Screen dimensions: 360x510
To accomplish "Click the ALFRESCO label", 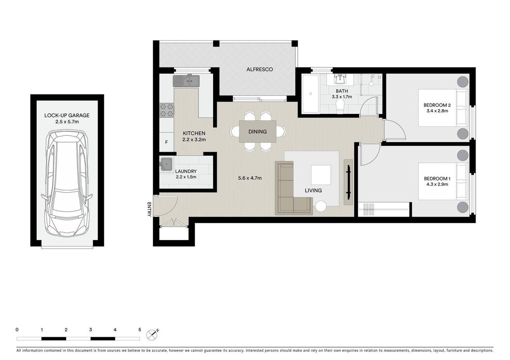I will (x=259, y=69).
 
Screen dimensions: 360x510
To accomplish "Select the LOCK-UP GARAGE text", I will (x=67, y=115).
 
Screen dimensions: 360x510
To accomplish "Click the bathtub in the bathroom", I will (x=310, y=94).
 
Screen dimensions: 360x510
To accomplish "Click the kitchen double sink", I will (x=187, y=81).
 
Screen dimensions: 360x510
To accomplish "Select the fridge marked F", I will (x=167, y=142).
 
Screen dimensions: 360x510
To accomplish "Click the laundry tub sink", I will (x=166, y=164).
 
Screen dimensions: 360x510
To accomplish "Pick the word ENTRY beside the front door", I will (x=149, y=209).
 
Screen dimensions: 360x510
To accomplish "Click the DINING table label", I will (x=257, y=132).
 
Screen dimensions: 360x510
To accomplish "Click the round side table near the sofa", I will (x=321, y=206).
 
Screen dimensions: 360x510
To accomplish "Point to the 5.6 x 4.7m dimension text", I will (x=250, y=178).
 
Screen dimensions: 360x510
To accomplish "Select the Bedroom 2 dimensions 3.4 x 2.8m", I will (x=437, y=111).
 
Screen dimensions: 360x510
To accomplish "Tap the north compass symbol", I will (x=152, y=333).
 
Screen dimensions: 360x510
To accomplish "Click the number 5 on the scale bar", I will (x=140, y=330).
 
